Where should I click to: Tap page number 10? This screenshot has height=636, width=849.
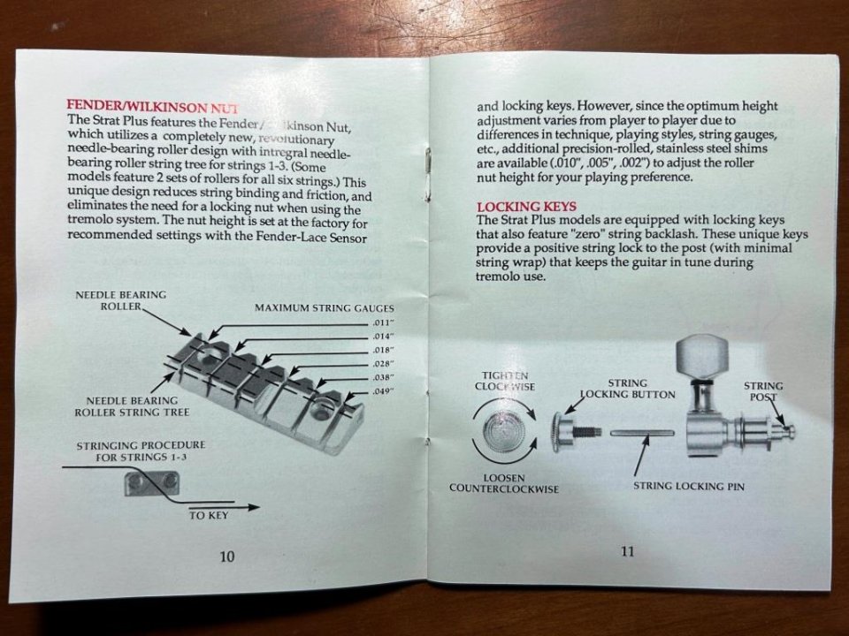click(x=227, y=556)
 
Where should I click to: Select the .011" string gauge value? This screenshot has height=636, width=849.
click(x=382, y=322)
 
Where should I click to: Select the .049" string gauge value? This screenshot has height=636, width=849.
click(x=382, y=390)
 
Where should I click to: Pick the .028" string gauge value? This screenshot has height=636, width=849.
click(x=382, y=363)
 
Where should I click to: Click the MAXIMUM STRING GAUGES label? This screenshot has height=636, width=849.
click(x=324, y=308)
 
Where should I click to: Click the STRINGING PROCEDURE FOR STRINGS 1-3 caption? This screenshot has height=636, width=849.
click(x=141, y=450)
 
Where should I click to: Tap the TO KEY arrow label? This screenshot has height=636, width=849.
click(x=210, y=516)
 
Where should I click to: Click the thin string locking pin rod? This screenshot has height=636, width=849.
click(x=643, y=433)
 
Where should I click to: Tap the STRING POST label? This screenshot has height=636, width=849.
click(x=762, y=391)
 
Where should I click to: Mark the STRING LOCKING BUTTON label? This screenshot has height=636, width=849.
click(x=627, y=389)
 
